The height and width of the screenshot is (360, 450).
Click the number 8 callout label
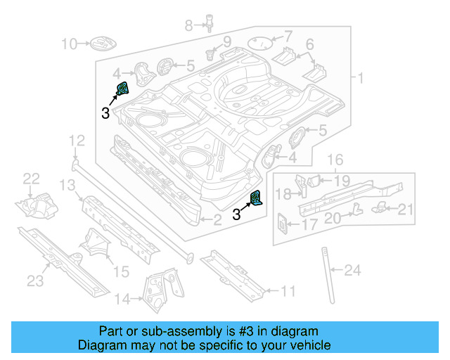click(188, 26)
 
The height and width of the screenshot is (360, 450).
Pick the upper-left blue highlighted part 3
click(122, 90)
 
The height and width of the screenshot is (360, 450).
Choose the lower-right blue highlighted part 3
click(257, 200)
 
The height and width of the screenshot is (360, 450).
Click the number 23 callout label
click(35, 281)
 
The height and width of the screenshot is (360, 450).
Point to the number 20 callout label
click(332, 218)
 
